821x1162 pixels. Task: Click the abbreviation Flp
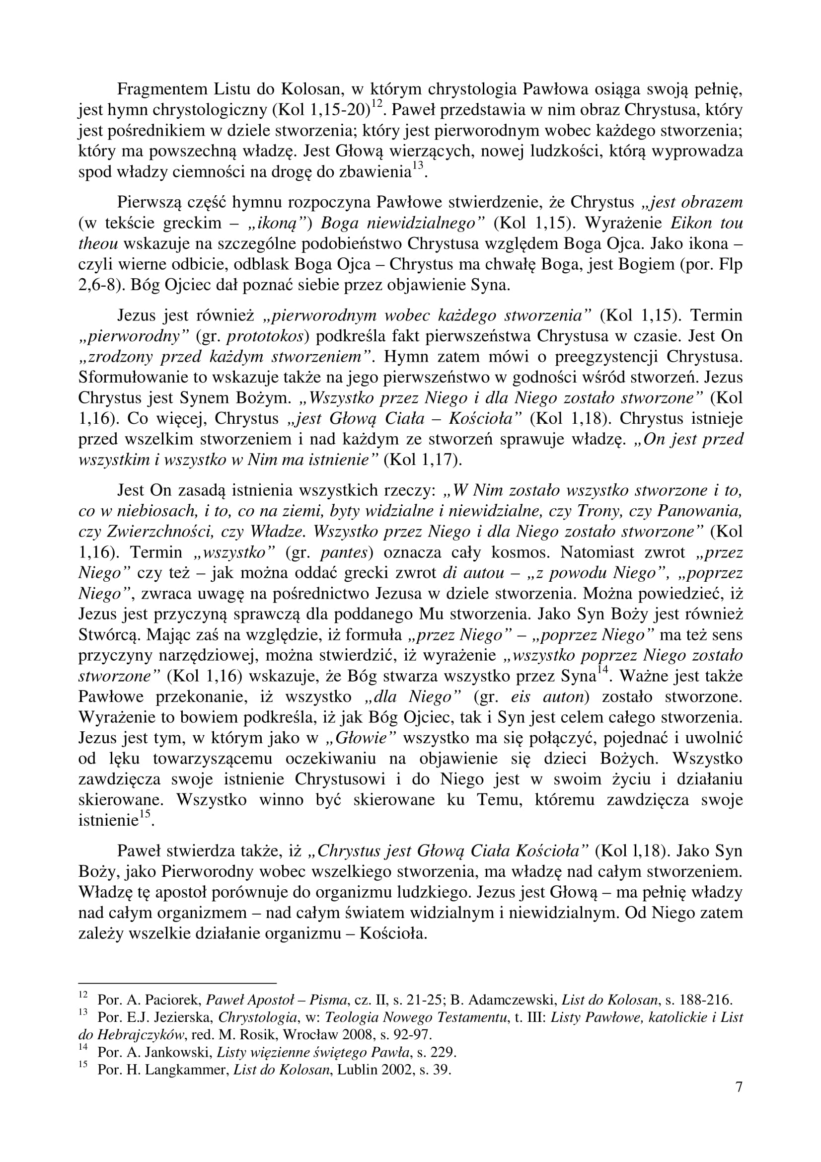tap(732, 264)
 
